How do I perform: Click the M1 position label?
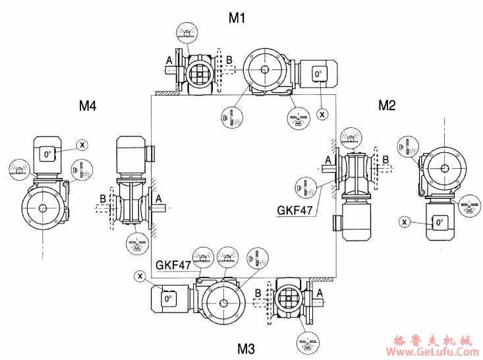[237, 18]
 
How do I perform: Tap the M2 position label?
[387, 104]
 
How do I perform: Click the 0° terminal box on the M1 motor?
[320, 75]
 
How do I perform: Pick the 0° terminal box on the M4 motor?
[47, 155]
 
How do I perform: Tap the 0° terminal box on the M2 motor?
[440, 223]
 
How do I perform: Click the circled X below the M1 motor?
[322, 114]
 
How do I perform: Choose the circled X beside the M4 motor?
[82, 144]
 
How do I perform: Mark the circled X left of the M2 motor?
[404, 222]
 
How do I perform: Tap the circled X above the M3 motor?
[140, 275]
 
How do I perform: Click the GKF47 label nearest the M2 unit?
[295, 212]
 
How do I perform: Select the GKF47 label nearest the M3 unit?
[173, 265]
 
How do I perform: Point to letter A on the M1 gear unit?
[169, 60]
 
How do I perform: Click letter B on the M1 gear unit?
[229, 60]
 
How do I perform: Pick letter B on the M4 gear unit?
[102, 196]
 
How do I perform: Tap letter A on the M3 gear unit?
[320, 292]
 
